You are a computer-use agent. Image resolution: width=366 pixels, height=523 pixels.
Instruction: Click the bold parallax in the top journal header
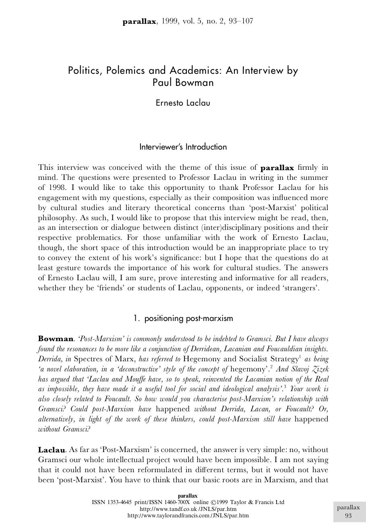139,21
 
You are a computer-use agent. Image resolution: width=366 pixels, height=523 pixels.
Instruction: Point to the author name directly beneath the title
183,102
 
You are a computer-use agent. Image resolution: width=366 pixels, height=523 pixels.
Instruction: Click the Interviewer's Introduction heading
183,147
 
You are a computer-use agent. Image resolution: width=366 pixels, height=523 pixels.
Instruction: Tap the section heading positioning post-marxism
188,318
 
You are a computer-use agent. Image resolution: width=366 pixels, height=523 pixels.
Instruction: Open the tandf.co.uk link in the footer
188,509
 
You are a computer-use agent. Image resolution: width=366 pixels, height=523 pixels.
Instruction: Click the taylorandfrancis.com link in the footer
188,515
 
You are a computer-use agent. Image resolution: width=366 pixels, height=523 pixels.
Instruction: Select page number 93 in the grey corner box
348,516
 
